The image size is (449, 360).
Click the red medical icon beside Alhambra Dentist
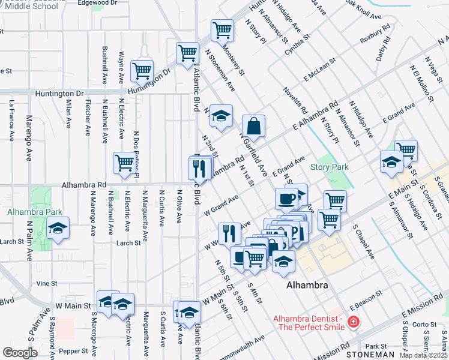[354, 322]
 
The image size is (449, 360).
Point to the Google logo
[20, 353]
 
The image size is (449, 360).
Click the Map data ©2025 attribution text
[424, 355]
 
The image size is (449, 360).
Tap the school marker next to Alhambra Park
[58, 229]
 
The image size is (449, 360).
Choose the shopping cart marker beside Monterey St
[222, 29]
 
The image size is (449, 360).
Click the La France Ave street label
[11, 120]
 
